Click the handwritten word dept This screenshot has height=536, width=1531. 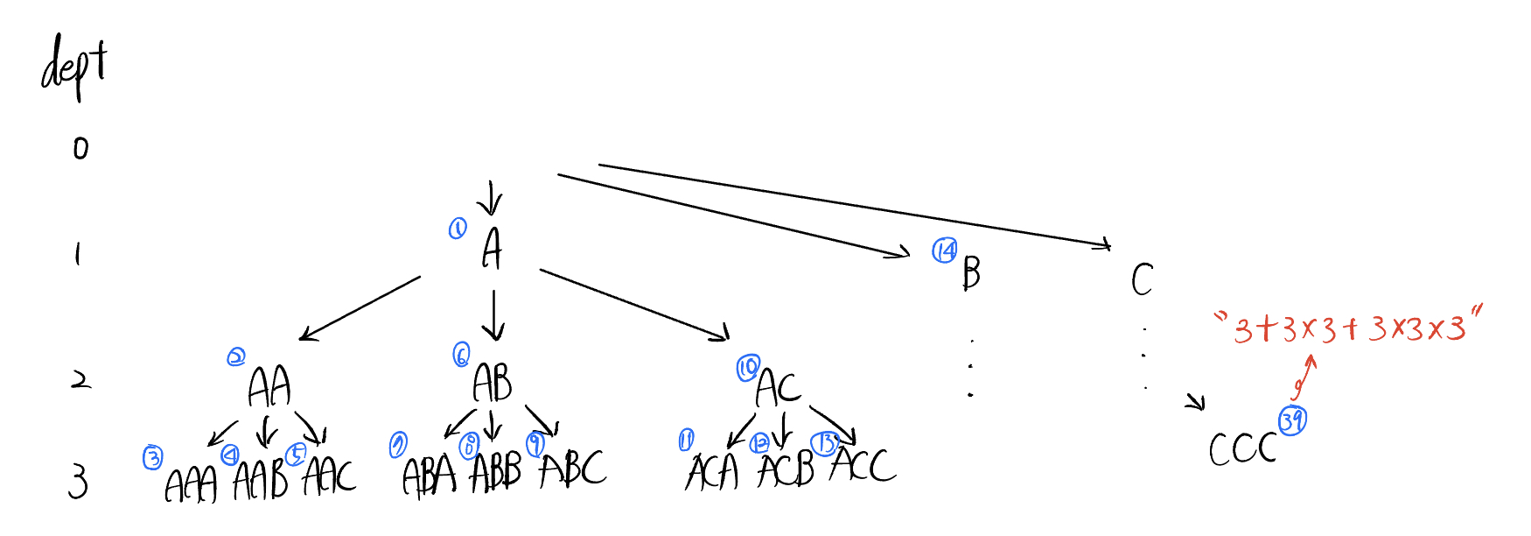[74, 67]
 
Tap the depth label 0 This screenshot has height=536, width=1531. [80, 148]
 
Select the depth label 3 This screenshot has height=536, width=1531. [79, 483]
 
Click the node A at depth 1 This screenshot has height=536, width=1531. [493, 249]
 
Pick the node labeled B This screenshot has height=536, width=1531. [971, 272]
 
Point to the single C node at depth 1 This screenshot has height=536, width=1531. [1142, 280]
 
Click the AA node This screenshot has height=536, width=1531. [269, 386]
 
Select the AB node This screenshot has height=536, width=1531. [493, 383]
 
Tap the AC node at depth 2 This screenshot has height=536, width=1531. [778, 387]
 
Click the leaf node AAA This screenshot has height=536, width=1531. [191, 484]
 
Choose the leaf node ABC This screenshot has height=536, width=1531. [573, 469]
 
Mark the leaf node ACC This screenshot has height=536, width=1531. [863, 465]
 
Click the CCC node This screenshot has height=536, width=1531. [1242, 449]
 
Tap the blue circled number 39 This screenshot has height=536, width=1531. [1292, 421]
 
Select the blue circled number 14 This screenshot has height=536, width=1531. [945, 251]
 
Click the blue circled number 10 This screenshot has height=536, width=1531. [748, 369]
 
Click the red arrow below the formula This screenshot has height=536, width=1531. [1304, 377]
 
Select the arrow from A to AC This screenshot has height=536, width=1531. [634, 303]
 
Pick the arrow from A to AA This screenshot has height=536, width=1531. [360, 308]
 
